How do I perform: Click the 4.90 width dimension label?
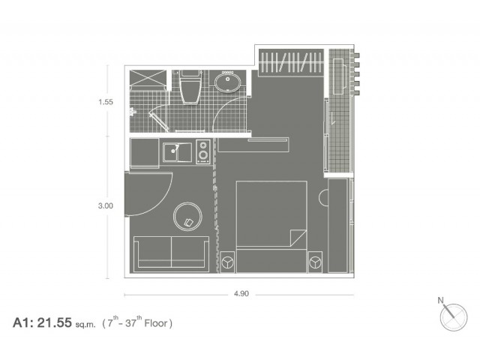(x=241, y=294)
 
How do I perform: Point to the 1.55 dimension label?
(x=106, y=102)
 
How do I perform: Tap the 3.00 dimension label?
(x=106, y=205)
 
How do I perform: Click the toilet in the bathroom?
(x=190, y=87)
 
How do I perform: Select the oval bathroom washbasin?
(x=228, y=82)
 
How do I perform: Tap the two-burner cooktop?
(x=203, y=151)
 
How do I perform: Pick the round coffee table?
(x=187, y=217)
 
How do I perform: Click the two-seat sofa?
(x=172, y=254)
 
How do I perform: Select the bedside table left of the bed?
(x=228, y=262)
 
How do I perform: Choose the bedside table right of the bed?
(x=315, y=262)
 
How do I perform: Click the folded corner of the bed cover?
(x=298, y=238)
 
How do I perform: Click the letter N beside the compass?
(x=440, y=300)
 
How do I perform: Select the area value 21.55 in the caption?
(x=55, y=323)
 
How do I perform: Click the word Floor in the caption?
(x=156, y=323)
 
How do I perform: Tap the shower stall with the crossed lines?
(x=148, y=80)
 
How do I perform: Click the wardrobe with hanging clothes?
(x=291, y=62)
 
